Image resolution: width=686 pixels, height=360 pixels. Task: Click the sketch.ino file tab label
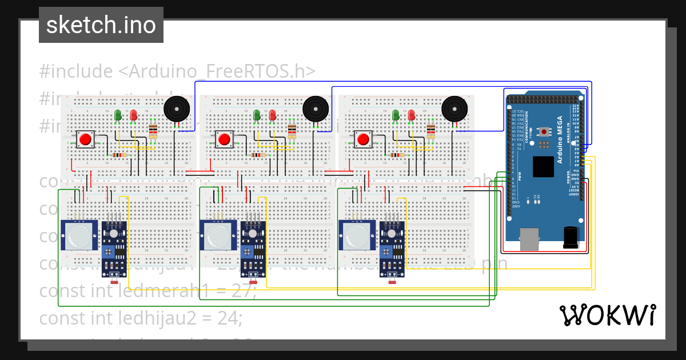point(101,25)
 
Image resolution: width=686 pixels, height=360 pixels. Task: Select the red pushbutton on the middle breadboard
point(224,139)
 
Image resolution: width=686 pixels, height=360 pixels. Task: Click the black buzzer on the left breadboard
point(177,109)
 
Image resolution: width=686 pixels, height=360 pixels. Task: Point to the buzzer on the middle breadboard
point(315,108)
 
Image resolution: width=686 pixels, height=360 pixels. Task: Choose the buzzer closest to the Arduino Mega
point(454,108)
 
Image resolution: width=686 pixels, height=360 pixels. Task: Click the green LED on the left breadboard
point(118,115)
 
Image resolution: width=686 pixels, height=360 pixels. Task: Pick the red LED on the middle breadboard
point(272,115)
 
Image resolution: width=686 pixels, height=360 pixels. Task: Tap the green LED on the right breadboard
point(395,115)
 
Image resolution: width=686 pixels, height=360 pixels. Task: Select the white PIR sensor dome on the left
point(79,235)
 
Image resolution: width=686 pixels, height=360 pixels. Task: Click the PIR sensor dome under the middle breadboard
point(218,235)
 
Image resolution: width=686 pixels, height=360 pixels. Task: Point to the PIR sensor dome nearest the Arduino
point(357,235)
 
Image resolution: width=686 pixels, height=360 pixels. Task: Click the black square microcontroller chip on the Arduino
point(543,166)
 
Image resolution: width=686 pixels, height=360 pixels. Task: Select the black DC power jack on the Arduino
point(571,237)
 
